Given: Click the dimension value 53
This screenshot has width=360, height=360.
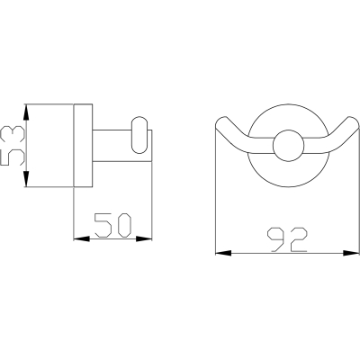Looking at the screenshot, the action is pyautogui.click(x=13, y=146).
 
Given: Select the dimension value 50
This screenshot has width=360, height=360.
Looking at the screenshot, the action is pyautogui.click(x=112, y=225).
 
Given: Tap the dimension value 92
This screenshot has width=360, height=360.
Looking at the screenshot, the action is pyautogui.click(x=287, y=239).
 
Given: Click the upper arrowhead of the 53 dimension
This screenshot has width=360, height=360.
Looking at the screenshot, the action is pyautogui.click(x=26, y=112).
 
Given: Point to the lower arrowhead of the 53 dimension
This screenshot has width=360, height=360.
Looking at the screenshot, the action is pyautogui.click(x=26, y=179).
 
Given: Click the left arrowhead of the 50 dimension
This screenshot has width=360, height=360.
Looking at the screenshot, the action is pyautogui.click(x=82, y=238).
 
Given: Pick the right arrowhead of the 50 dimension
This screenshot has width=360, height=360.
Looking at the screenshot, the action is pyautogui.click(x=144, y=238).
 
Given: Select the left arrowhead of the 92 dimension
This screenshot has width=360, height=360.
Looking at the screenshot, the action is pyautogui.click(x=223, y=253).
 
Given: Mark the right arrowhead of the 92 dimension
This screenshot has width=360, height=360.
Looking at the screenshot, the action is pyautogui.click(x=351, y=253).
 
